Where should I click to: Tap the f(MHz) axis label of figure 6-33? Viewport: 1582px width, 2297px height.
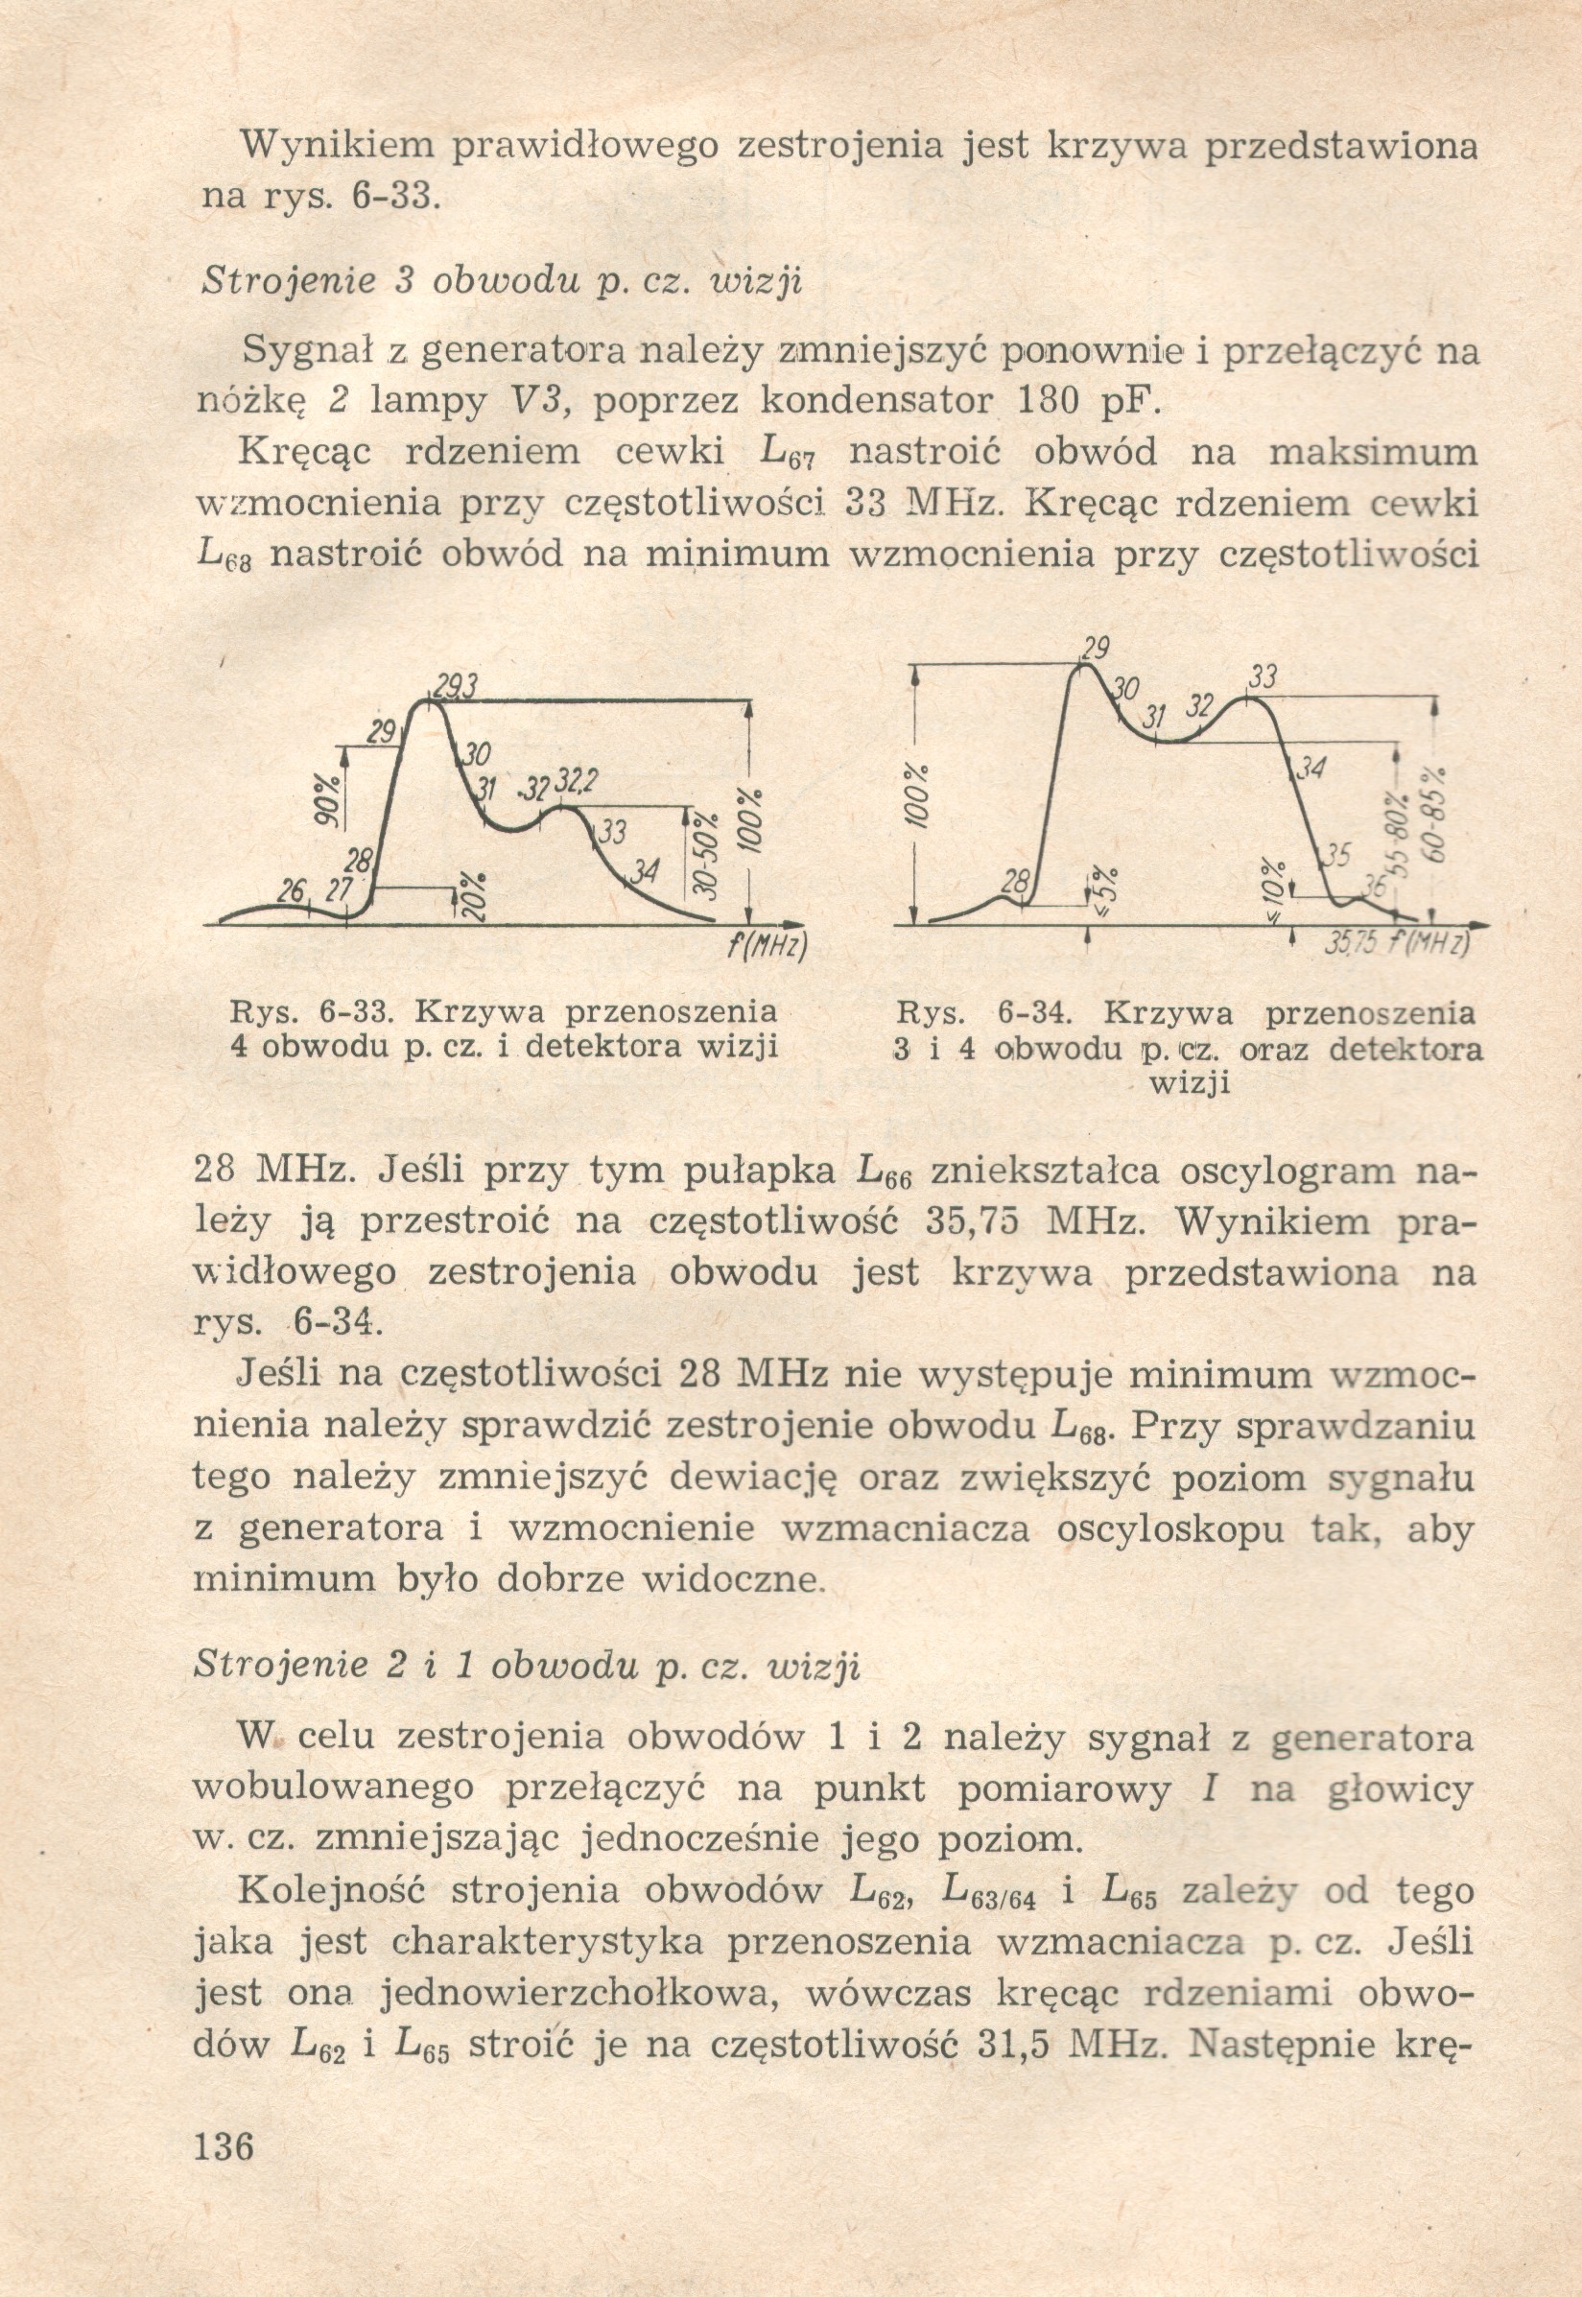767,946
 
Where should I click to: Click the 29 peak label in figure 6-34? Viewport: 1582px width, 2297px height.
1095,651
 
